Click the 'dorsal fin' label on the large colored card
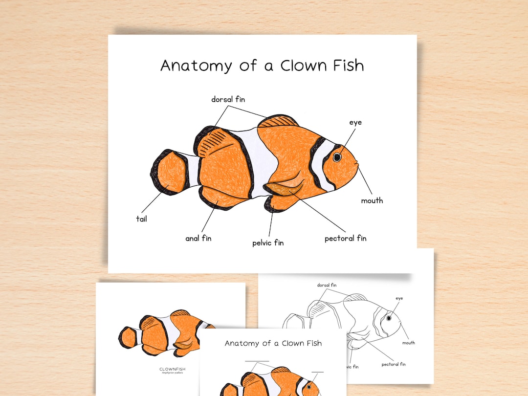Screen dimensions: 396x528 pos(228,99)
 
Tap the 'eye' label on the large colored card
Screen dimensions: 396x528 pos(355,122)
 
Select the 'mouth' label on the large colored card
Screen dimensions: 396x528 pos(372,200)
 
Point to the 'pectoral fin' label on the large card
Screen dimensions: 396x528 pos(345,239)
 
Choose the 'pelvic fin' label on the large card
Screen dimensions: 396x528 pos(268,242)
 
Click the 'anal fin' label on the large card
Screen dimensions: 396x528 pos(198,239)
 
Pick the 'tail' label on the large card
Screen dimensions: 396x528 pos(141,219)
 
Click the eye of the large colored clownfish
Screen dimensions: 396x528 pos(337,157)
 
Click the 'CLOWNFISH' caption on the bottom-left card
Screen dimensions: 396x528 pos(173,369)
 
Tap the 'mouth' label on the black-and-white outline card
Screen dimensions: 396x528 pos(409,343)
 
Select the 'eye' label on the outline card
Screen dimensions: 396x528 pos(399,298)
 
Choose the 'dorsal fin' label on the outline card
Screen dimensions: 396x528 pos(327,285)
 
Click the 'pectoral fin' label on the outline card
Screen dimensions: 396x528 pos(394,364)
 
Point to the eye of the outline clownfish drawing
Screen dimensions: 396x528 pos(389,318)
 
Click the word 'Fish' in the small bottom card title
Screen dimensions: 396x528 pos(311,343)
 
